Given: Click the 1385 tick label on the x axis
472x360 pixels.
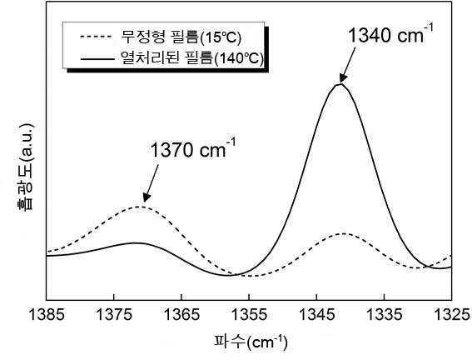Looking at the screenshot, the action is pyautogui.click(x=47, y=315).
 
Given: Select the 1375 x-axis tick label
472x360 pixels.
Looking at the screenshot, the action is pyautogui.click(x=114, y=315).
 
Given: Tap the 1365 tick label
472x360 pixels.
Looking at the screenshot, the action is pyautogui.click(x=181, y=315).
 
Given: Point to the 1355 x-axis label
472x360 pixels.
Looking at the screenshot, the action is pyautogui.click(x=249, y=315).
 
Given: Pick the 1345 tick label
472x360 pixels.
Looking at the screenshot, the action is pyautogui.click(x=316, y=315).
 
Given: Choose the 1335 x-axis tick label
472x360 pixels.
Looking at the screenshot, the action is pyautogui.click(x=385, y=315).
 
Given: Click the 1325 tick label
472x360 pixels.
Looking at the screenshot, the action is pyautogui.click(x=452, y=315).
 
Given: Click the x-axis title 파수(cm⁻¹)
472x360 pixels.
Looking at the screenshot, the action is pyautogui.click(x=251, y=342).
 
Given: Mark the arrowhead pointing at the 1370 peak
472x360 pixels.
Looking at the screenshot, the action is pyautogui.click(x=146, y=197).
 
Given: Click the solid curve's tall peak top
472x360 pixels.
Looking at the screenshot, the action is pyautogui.click(x=340, y=84).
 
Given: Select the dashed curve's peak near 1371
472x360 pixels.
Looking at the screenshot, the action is pyautogui.click(x=138, y=207).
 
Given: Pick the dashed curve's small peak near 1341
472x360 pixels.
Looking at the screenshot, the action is pyautogui.click(x=343, y=233).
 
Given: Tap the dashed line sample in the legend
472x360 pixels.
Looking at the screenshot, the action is pyautogui.click(x=97, y=37).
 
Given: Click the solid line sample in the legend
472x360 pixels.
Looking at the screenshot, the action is pyautogui.click(x=97, y=58).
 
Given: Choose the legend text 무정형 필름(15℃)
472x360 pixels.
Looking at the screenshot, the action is pyautogui.click(x=181, y=37).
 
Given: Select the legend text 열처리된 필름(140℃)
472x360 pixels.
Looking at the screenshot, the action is pyautogui.click(x=191, y=57).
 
